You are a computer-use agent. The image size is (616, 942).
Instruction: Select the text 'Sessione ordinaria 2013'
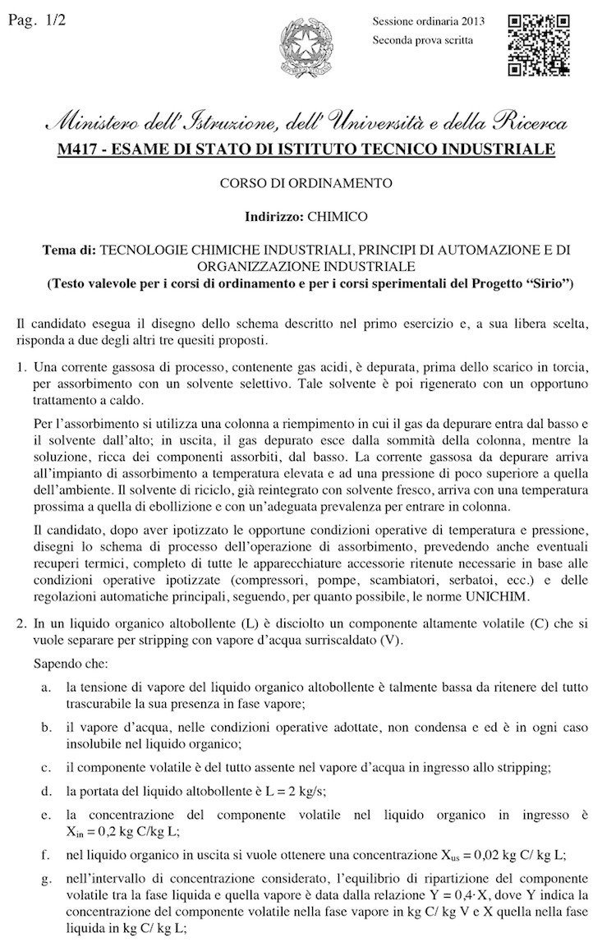(428, 22)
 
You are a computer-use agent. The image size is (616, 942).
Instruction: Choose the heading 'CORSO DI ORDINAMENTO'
(306, 183)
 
